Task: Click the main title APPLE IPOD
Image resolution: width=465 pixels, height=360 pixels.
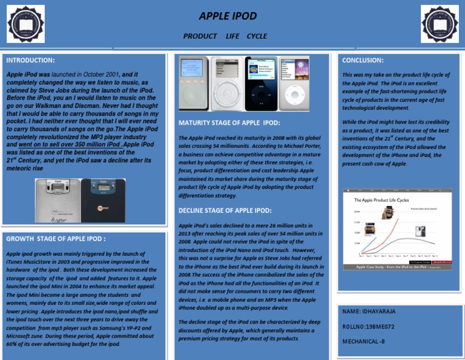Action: click(x=228, y=16)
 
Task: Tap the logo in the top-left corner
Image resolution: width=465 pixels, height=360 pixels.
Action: click(x=25, y=24)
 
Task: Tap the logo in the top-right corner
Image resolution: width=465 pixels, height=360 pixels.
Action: click(x=440, y=24)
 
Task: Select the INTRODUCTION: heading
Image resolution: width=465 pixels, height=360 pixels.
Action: click(x=30, y=61)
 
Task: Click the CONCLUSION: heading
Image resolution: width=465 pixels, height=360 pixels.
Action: click(x=363, y=61)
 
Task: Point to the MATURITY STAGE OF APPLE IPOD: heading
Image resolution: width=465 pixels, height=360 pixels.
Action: click(x=229, y=123)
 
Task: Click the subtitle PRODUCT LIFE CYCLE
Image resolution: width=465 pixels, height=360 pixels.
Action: click(x=225, y=36)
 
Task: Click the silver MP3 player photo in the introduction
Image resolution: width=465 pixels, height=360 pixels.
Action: click(x=57, y=201)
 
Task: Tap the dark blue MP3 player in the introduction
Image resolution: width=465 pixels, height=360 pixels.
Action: click(x=103, y=201)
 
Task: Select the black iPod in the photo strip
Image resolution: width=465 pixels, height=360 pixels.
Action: click(x=260, y=84)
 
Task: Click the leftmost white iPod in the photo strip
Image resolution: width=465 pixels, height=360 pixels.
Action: click(x=194, y=84)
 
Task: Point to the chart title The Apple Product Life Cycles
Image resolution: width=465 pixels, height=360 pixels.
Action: click(x=381, y=199)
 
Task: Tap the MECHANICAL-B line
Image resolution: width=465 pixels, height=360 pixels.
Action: click(x=364, y=341)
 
